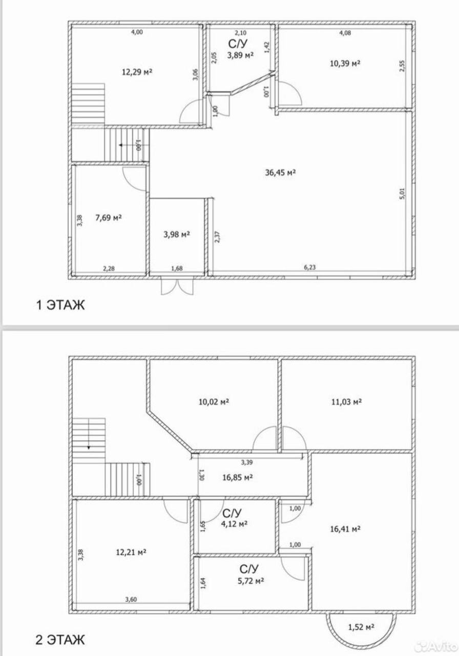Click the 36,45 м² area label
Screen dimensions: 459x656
[280, 173]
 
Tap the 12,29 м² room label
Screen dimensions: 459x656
[137, 72]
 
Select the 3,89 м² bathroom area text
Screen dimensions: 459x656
[240, 55]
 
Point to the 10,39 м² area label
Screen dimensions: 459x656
[345, 63]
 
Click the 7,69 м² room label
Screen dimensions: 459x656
[109, 218]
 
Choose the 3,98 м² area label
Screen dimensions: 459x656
[177, 234]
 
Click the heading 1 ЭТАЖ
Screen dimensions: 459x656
[60, 305]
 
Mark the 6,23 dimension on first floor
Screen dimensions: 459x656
[310, 267]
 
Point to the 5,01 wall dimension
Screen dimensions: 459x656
[402, 194]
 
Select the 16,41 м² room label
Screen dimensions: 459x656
[345, 529]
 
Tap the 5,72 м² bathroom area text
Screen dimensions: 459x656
[251, 581]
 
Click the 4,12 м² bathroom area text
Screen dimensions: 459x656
[235, 523]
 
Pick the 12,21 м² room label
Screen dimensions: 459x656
[131, 552]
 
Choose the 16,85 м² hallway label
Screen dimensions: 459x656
[238, 478]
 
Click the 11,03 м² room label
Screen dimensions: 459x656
[346, 401]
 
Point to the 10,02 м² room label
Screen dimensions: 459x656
[214, 401]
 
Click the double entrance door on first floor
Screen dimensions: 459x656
[177, 286]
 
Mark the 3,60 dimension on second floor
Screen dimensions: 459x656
[131, 600]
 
